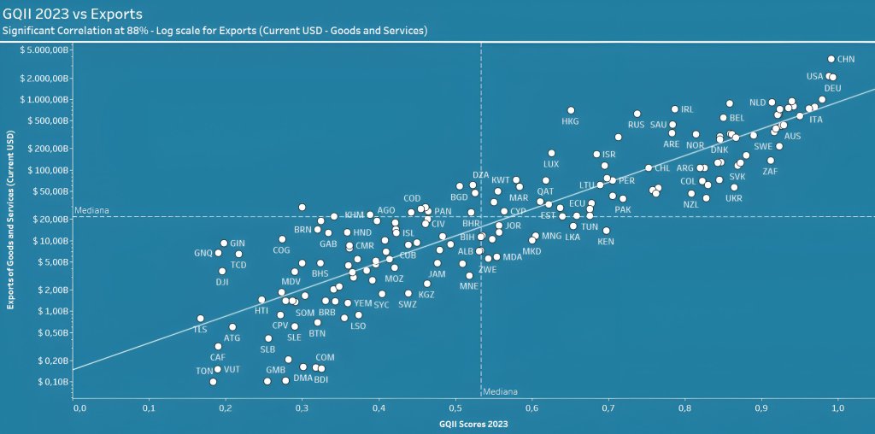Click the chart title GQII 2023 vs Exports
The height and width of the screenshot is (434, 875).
point(73,14)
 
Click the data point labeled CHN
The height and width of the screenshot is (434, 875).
point(831,59)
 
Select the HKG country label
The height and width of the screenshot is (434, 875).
point(570,121)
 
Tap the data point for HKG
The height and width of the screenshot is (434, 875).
point(571,110)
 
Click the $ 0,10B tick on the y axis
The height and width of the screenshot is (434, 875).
point(50,381)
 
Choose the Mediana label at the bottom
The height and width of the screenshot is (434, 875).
point(498,393)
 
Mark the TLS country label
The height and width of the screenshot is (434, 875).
point(200,329)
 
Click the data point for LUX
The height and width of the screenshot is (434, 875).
point(551,154)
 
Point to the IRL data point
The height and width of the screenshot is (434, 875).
point(675,109)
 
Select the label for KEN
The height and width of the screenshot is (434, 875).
point(605,242)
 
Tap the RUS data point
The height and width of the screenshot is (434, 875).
point(637,114)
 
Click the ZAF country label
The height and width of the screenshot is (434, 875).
point(770,172)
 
